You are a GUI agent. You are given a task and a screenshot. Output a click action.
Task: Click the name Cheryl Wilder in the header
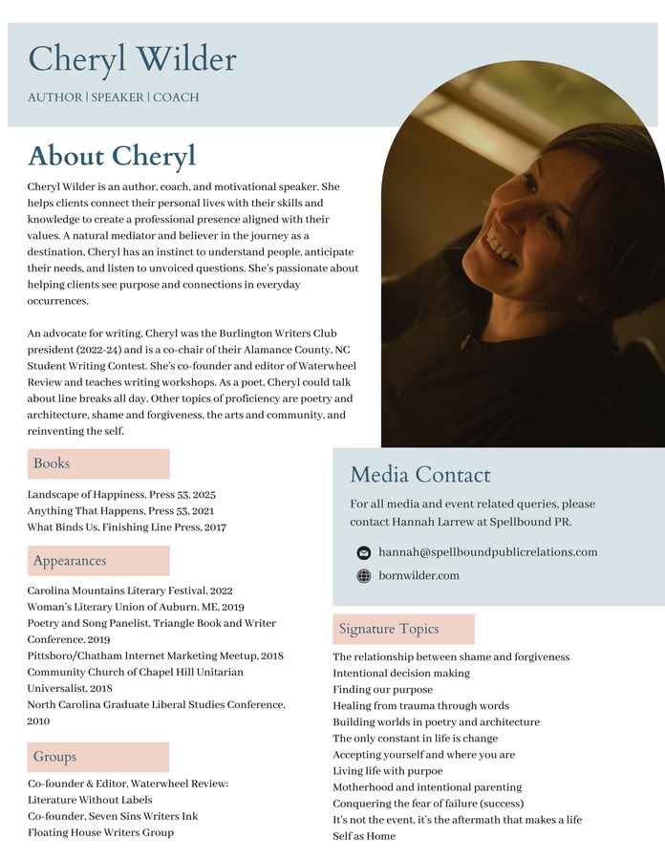pos(132,59)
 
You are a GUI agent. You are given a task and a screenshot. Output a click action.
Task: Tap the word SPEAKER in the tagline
pos(118,97)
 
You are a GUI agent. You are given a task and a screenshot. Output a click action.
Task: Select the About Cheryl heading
pos(112,156)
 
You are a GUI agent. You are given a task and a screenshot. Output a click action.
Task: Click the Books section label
pos(52,463)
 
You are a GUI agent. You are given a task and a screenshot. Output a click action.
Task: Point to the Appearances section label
pos(70,561)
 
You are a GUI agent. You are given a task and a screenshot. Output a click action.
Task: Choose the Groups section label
pos(54,757)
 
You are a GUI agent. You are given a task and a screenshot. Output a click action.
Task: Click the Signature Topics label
pos(389,629)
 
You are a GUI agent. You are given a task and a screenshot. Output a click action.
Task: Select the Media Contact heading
pos(420,475)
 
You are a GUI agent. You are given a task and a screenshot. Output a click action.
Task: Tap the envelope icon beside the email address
pos(363,552)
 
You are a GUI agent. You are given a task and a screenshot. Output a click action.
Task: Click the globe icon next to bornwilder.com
pos(363,576)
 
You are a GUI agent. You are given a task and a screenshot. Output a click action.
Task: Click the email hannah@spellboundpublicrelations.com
pos(487,552)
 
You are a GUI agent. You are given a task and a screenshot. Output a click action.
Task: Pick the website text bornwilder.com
pos(418,575)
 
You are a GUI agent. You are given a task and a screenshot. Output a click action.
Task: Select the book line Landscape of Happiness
pos(121,495)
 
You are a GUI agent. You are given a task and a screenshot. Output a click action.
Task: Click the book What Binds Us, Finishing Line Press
pos(126,527)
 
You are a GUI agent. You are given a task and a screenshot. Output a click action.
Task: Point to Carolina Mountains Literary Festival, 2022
pos(130,591)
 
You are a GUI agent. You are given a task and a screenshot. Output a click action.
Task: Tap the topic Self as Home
pos(364,836)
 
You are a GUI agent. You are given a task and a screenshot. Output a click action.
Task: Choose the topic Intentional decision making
pos(401,673)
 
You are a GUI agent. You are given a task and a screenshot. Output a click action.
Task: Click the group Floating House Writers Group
pos(100,832)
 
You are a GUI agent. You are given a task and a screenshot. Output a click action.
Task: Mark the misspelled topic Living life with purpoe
pos(388,770)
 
